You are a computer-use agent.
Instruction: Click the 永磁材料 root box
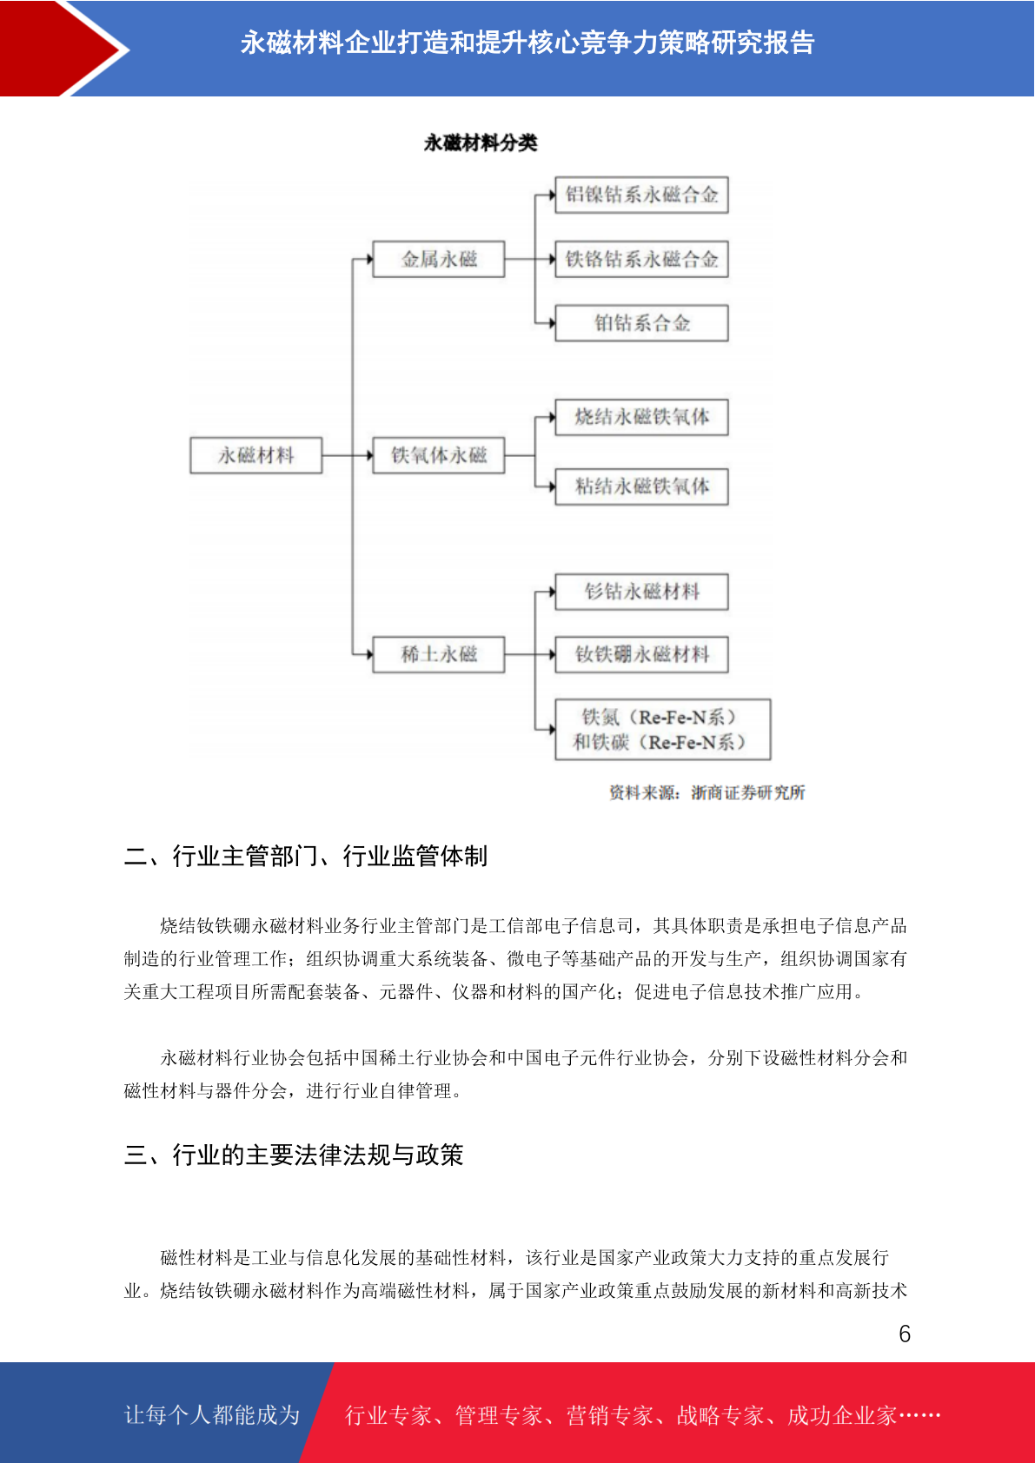256,455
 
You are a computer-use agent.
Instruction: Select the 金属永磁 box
439,259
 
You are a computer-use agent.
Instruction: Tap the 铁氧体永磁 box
439,455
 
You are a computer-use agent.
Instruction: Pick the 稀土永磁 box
439,654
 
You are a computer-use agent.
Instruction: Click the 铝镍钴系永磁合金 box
641,195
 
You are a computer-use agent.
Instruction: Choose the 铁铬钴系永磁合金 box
641,259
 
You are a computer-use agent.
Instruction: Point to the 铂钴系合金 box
641,322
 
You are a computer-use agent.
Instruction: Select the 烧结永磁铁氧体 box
641,417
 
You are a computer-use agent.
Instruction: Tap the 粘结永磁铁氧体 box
641,487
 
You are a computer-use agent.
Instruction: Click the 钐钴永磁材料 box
641,592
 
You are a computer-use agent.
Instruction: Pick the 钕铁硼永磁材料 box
641,654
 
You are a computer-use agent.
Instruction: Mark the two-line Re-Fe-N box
662,730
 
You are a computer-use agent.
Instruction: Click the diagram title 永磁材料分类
481,142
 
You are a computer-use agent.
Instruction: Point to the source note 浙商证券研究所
748,793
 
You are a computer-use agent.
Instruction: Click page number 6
905,1334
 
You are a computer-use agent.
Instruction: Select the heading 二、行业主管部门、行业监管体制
306,856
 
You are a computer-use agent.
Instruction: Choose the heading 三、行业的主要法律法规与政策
294,1155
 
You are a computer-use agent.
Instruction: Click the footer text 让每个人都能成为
212,1414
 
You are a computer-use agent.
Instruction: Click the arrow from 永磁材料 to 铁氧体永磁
348,455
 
